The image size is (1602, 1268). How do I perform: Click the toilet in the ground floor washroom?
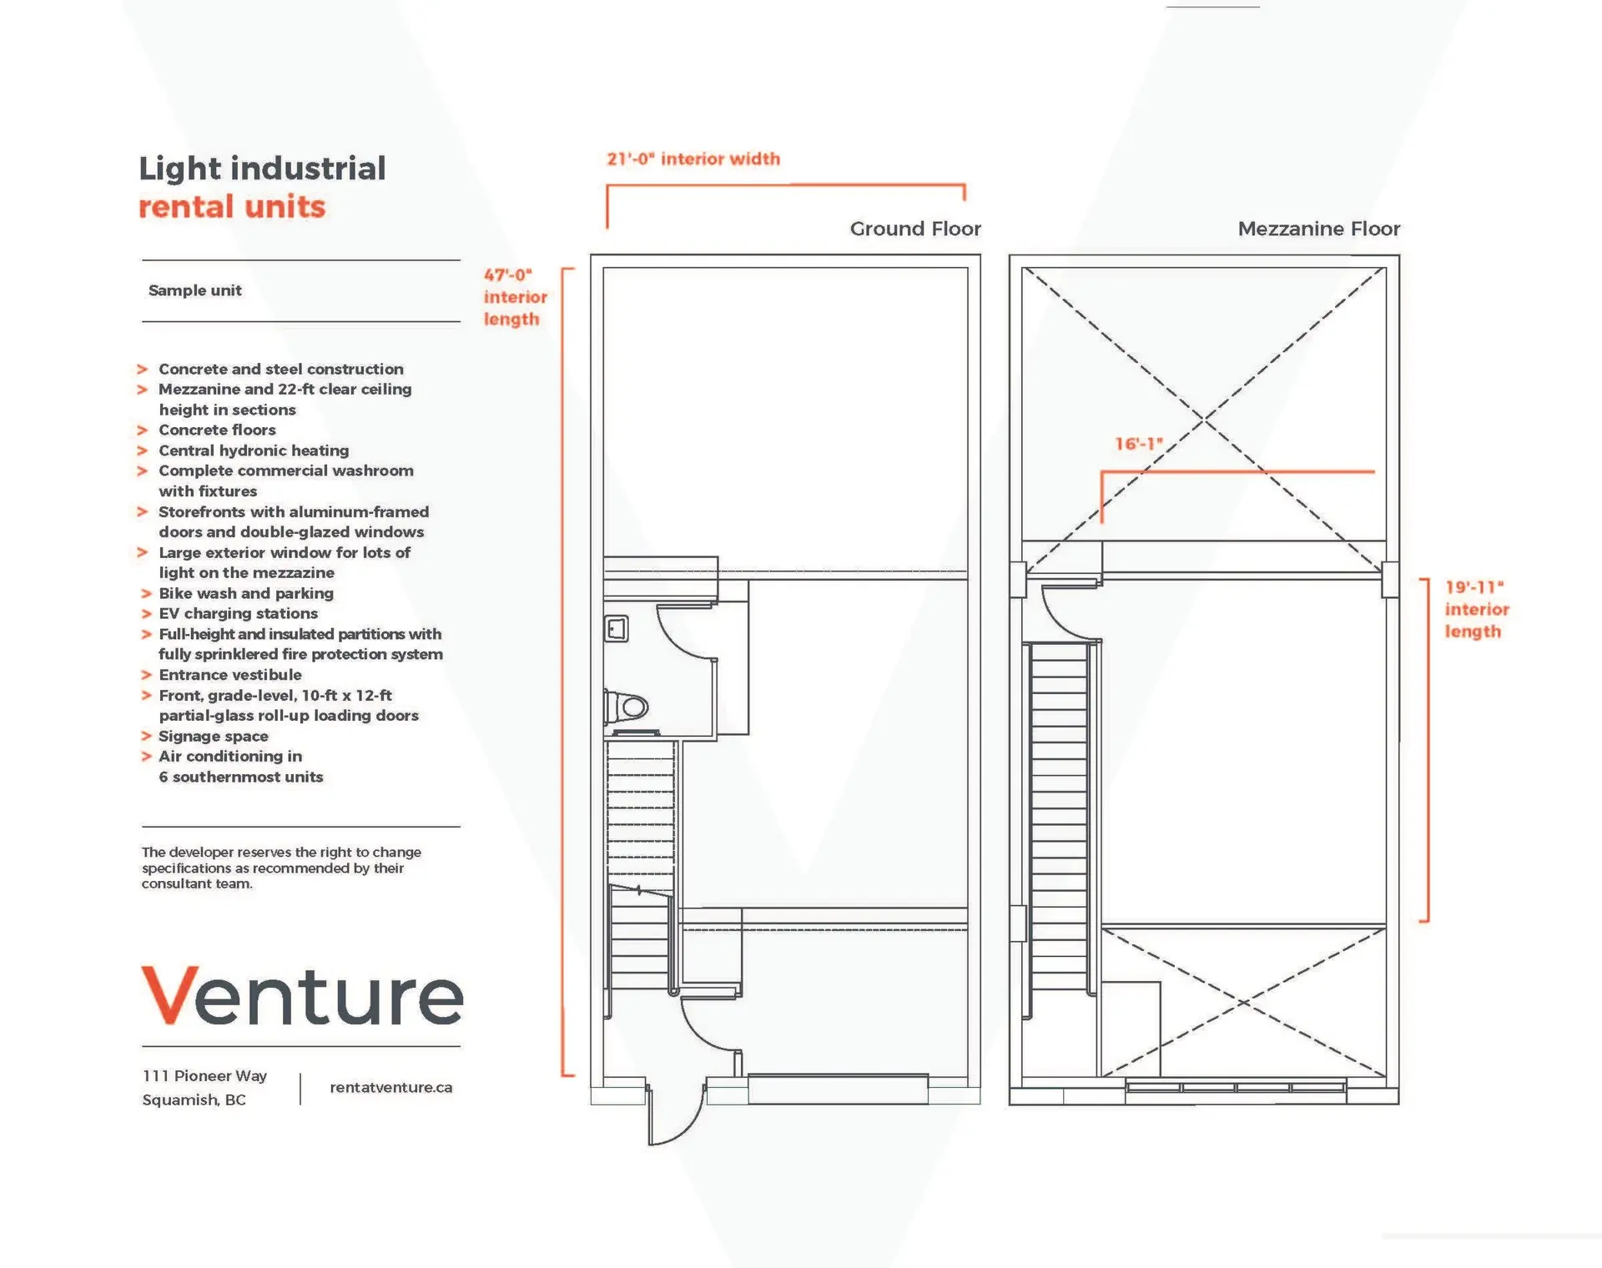pos(627,707)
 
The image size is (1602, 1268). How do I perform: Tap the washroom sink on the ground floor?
pos(617,629)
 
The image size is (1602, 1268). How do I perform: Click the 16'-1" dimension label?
pos(1138,444)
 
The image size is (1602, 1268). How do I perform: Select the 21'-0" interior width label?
pos(693,159)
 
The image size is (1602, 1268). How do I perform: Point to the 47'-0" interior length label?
pos(514,297)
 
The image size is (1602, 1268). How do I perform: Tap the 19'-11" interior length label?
pos(1476,609)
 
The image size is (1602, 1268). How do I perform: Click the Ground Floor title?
pos(914,229)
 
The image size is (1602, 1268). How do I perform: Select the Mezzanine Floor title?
pos(1318,229)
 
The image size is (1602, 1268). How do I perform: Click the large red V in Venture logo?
pos(169,994)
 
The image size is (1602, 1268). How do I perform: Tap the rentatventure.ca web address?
pos(390,1087)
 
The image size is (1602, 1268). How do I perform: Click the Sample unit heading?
pos(194,290)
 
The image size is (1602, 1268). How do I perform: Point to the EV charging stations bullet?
pos(238,613)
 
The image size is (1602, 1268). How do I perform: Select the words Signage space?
pos(213,736)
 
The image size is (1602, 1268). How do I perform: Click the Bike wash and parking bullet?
pos(245,593)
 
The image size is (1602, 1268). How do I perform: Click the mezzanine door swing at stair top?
pos(1068,613)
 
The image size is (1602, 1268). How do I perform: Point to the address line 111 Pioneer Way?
pos(204,1076)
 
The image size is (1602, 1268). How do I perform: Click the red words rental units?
pos(231,207)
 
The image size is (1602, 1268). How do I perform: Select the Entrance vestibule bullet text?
pos(229,675)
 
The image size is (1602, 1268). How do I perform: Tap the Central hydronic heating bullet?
pos(254,450)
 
